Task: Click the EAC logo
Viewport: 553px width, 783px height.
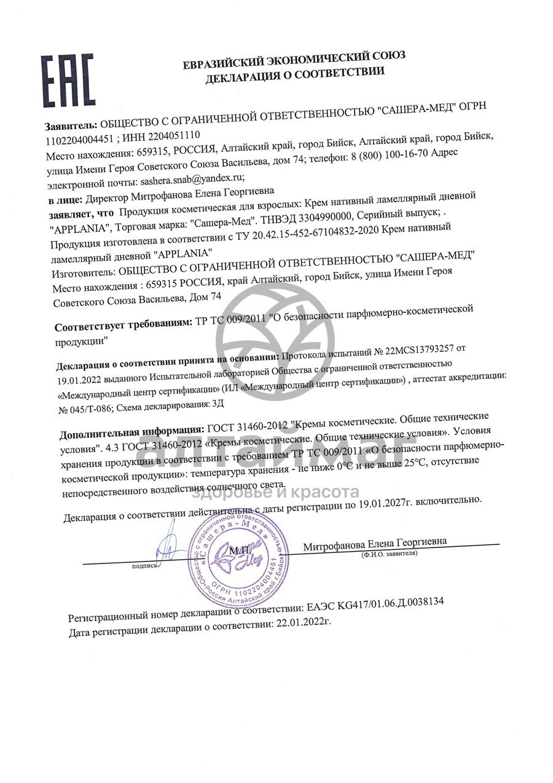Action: (68, 80)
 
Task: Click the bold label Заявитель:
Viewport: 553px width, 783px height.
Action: (71, 125)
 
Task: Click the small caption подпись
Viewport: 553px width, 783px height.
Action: (144, 565)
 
